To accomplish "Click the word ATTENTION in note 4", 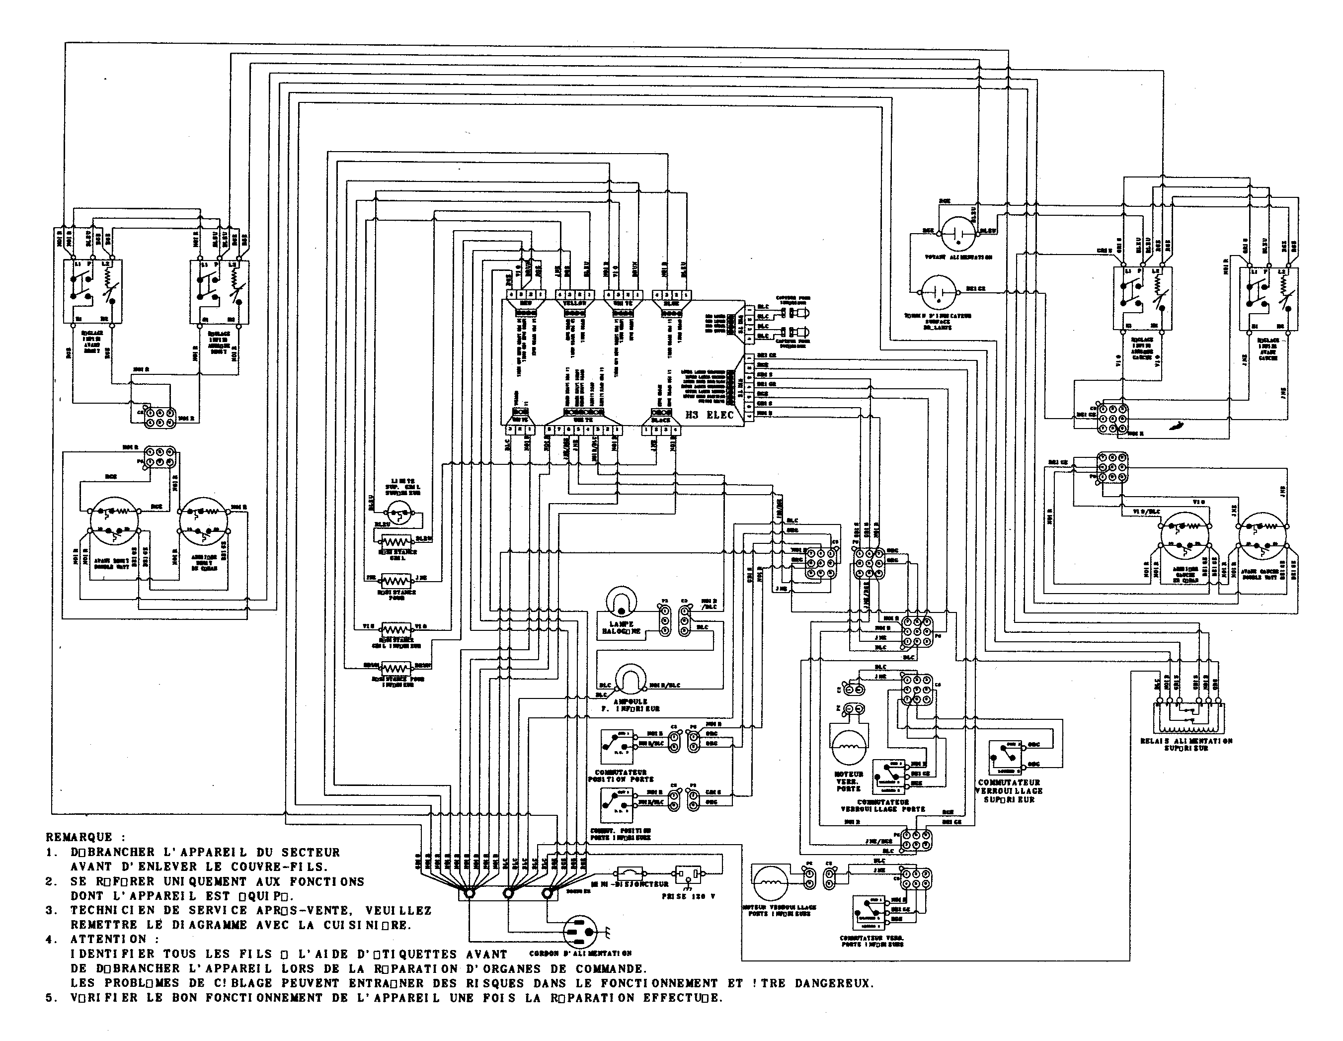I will [x=108, y=940].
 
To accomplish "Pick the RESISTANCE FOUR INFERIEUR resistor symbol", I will [x=396, y=668].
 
